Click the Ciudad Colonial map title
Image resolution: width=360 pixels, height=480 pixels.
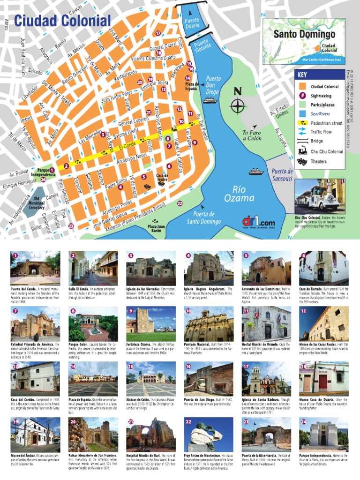click(62, 21)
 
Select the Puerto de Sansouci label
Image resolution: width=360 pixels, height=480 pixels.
click(282, 174)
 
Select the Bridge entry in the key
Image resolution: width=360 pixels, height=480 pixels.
click(317, 141)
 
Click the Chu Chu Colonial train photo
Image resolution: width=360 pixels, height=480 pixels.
click(320, 195)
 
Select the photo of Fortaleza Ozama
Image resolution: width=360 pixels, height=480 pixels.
click(150, 323)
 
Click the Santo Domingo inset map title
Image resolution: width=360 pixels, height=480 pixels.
click(304, 34)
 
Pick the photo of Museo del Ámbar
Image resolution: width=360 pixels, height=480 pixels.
click(35, 434)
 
